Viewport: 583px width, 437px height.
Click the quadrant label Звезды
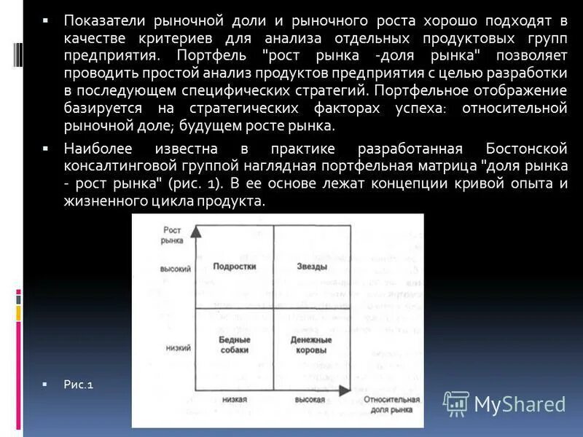coord(312,267)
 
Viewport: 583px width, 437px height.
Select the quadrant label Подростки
coord(234,267)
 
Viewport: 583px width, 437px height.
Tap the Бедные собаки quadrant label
coord(234,345)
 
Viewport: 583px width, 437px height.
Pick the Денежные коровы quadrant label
coord(312,345)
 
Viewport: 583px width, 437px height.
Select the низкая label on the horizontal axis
coord(233,401)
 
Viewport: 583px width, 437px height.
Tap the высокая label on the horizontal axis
coord(310,401)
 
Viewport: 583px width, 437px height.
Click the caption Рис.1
coord(78,385)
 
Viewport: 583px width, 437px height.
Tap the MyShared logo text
coord(520,404)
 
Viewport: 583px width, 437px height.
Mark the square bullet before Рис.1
coord(45,384)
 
